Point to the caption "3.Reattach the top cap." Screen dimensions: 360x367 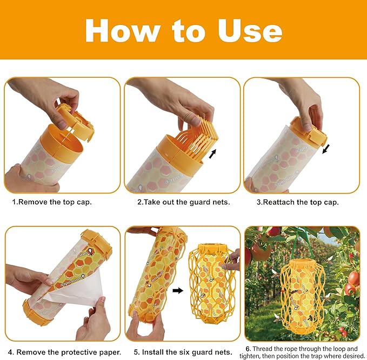click(297, 202)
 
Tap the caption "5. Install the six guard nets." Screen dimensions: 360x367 click(183, 352)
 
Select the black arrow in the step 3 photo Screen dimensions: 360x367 click(326, 148)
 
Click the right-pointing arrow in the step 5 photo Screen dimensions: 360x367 click(177, 290)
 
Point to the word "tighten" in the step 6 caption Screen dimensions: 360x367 click(258, 356)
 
